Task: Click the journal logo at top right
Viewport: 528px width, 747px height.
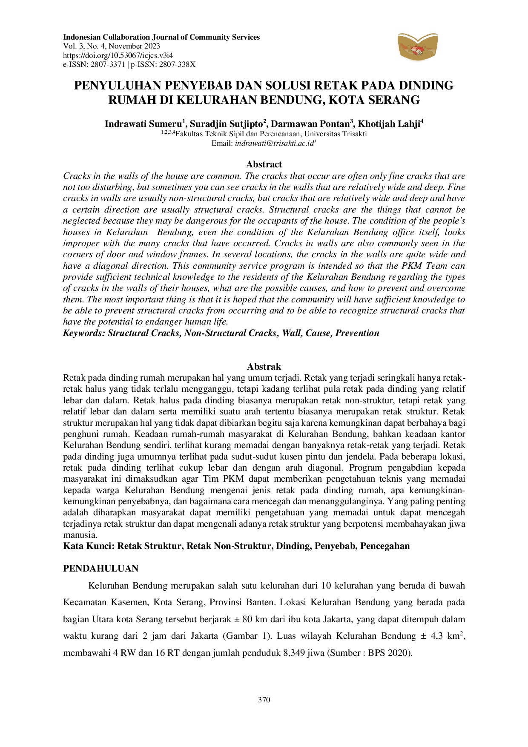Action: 417,46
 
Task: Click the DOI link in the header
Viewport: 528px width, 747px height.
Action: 118,55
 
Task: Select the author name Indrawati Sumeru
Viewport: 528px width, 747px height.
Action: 143,124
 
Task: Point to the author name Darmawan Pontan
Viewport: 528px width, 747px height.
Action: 310,124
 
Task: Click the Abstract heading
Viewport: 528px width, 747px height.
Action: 264,164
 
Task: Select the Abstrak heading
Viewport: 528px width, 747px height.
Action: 264,367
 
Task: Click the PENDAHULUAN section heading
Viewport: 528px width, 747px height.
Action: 101,569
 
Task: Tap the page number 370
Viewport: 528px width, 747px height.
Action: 264,700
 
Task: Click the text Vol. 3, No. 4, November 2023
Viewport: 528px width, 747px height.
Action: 112,46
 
